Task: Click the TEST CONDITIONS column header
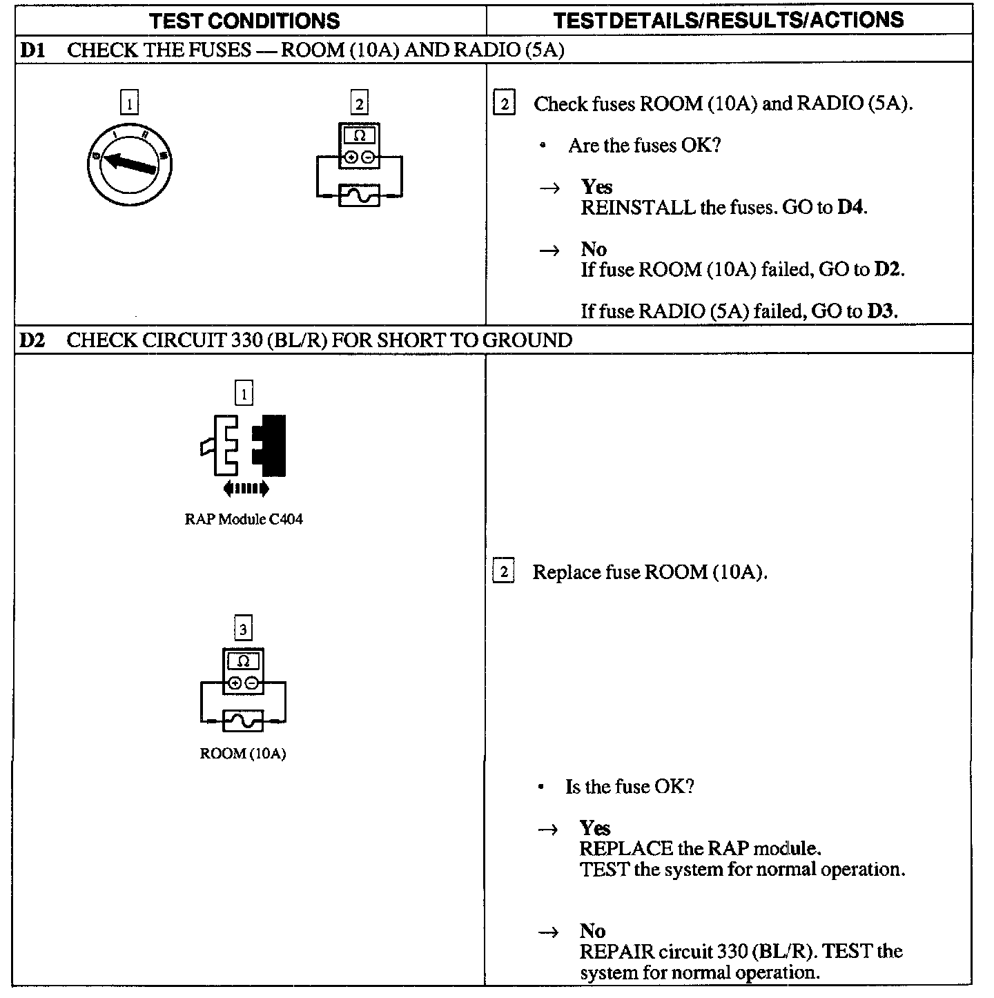tap(245, 21)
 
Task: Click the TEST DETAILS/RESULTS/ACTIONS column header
tap(728, 20)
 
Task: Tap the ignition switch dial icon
tap(130, 162)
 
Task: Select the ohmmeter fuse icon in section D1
tap(359, 166)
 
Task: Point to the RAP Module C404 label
tap(244, 519)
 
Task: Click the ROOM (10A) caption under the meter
tap(243, 753)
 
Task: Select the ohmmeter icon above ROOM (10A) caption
tap(243, 690)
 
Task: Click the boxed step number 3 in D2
tap(244, 629)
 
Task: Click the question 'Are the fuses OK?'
tap(644, 146)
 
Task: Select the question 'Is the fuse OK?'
tap(629, 787)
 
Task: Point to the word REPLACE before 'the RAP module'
tap(625, 848)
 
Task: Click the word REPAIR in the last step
tap(616, 952)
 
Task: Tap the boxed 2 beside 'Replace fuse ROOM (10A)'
tap(504, 572)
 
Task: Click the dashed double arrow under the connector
tap(246, 489)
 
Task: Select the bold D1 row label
tap(32, 50)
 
